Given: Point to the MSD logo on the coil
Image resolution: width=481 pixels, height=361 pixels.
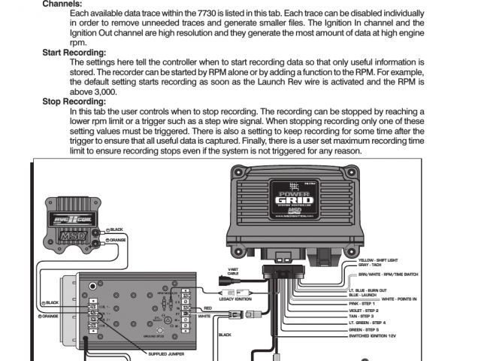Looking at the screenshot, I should coord(75,223).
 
